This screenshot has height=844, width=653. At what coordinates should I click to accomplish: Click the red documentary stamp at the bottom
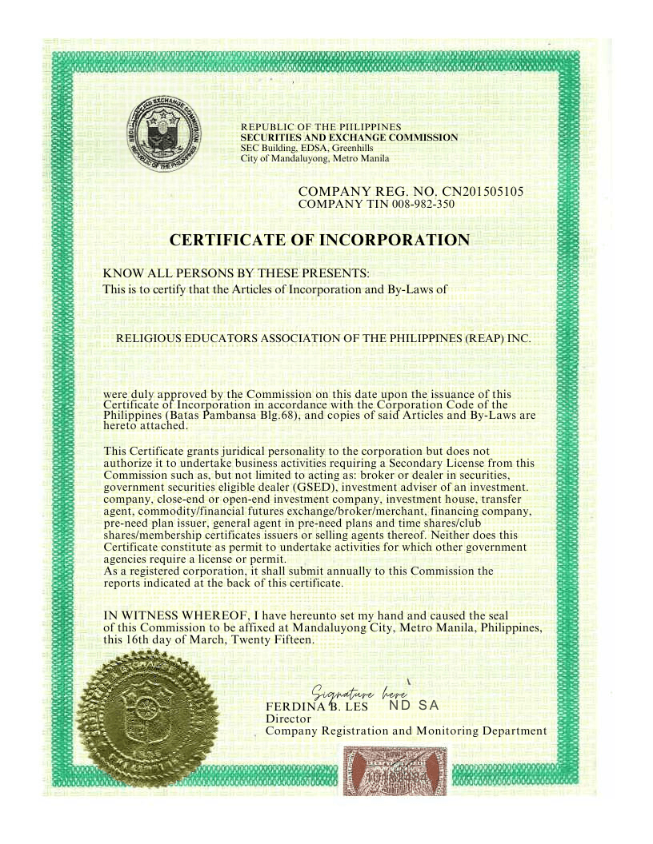395,771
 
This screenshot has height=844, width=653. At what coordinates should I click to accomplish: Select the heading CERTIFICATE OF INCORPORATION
319,240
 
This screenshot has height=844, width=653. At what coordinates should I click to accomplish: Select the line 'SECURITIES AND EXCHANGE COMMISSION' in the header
349,137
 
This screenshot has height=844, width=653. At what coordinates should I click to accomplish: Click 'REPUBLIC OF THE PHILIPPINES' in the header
321,127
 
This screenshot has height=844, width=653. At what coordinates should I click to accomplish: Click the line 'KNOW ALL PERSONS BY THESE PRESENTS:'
237,274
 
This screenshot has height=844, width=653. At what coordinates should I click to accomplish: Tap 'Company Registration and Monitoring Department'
406,731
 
